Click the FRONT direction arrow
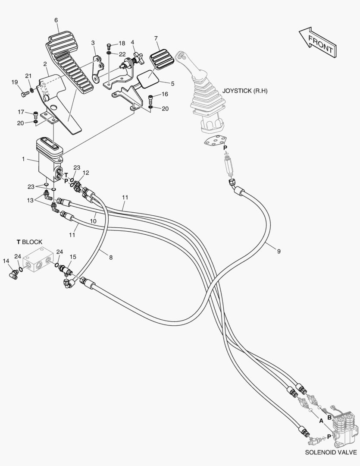point(317,42)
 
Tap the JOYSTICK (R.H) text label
point(245,91)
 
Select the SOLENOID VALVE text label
point(331,452)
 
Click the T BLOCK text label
point(29,242)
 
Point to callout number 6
point(56,20)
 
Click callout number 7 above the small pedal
point(156,38)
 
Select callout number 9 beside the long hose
point(279,252)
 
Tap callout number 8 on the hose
point(111,257)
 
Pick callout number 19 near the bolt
point(15,82)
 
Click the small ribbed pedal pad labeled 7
point(162,60)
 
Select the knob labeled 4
point(138,57)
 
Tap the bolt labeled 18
point(109,46)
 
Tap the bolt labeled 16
point(150,98)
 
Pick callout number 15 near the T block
point(73,257)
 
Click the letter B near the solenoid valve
point(329,417)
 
